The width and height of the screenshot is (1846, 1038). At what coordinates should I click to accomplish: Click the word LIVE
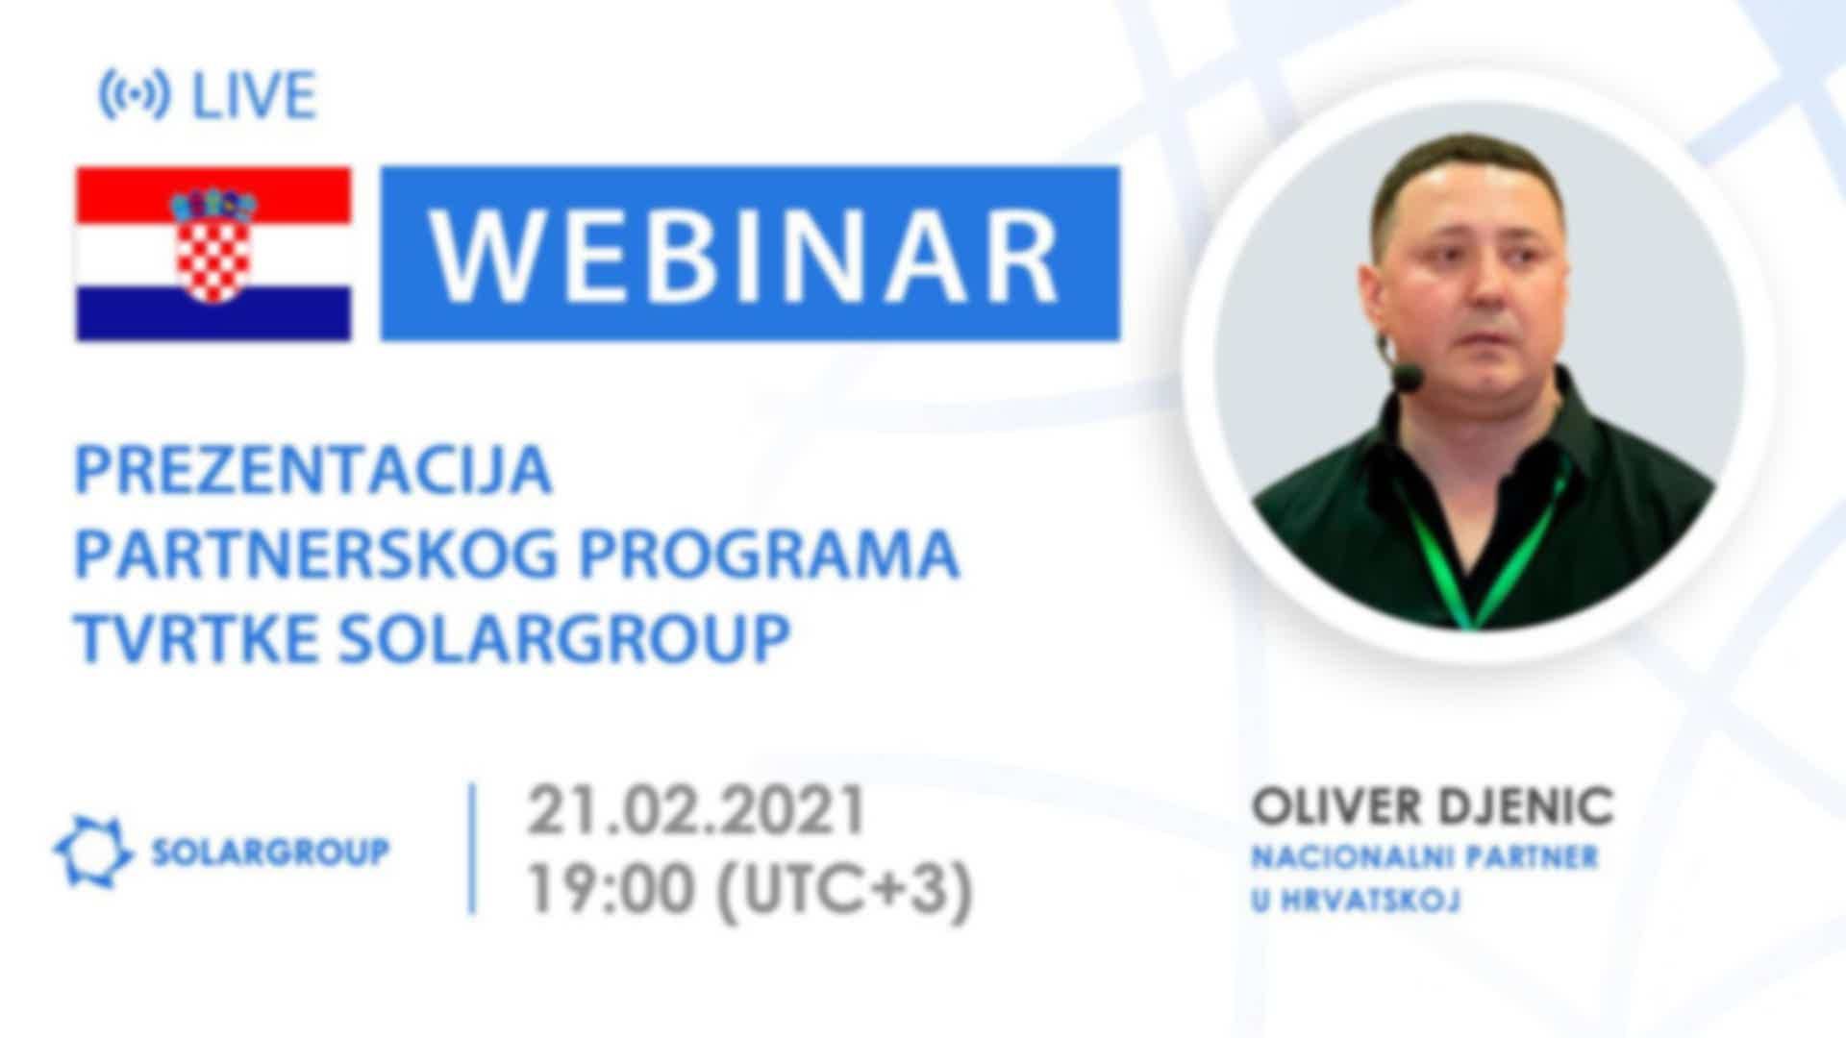click(x=254, y=95)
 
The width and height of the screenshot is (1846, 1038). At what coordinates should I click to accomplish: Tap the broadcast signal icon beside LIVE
click(x=135, y=95)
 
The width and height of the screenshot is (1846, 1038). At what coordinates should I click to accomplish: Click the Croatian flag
click(x=213, y=254)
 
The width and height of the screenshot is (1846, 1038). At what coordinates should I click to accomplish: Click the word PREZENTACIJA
click(x=313, y=470)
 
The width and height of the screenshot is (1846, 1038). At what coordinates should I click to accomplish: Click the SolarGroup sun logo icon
click(x=92, y=852)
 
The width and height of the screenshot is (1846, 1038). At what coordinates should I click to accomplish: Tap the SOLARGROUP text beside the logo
click(x=271, y=852)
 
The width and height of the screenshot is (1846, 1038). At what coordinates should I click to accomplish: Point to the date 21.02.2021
click(x=696, y=810)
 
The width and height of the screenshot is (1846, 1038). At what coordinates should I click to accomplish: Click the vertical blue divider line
click(x=472, y=849)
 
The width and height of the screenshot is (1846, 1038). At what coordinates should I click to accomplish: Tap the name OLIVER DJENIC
click(x=1432, y=807)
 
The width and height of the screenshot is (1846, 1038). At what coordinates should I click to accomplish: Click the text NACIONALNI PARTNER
click(x=1424, y=857)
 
